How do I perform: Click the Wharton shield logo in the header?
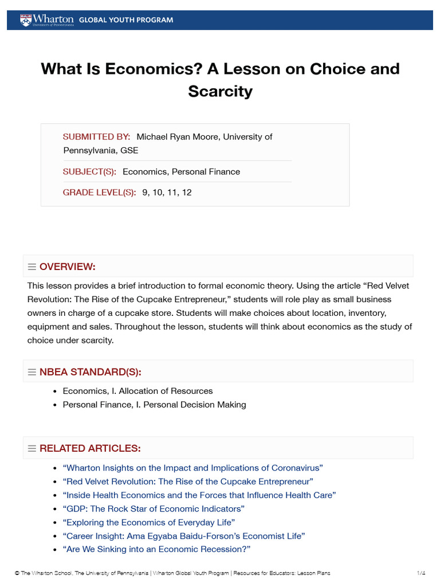[25, 20]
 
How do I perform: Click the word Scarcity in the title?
[220, 91]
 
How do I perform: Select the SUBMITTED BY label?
[96, 136]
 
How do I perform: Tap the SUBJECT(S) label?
[89, 171]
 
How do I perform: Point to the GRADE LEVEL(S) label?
[99, 193]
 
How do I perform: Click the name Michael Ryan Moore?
[177, 136]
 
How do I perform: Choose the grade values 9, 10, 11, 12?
[167, 193]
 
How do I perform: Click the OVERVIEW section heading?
[67, 267]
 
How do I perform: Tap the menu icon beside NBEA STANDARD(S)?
[32, 372]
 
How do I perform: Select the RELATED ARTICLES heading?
[90, 448]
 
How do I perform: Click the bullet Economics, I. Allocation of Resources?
[137, 391]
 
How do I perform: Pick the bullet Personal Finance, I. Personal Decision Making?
[154, 405]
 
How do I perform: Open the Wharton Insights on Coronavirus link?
[192, 468]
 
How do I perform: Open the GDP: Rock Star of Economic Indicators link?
[154, 509]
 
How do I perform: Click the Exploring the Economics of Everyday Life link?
[148, 522]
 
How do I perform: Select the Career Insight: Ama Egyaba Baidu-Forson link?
[183, 536]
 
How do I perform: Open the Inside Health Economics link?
[199, 495]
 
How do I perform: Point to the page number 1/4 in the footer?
[421, 573]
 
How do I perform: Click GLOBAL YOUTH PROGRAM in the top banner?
[125, 20]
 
